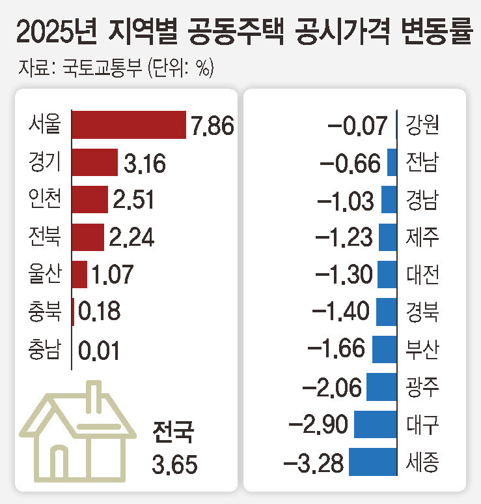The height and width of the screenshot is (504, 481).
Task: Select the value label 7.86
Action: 212,125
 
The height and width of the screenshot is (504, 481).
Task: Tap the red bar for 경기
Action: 94,162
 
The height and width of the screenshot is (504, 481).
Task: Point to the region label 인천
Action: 45,199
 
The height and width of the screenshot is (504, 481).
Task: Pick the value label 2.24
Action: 132,237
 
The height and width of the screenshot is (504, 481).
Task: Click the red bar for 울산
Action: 79,274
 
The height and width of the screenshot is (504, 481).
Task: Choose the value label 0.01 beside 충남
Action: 100,350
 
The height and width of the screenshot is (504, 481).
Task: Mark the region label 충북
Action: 45,312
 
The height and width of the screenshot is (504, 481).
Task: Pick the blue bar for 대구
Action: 375,424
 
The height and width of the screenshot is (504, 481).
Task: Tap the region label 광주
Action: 421,387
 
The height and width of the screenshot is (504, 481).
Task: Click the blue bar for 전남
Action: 392,162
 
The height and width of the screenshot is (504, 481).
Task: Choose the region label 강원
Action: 421,125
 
